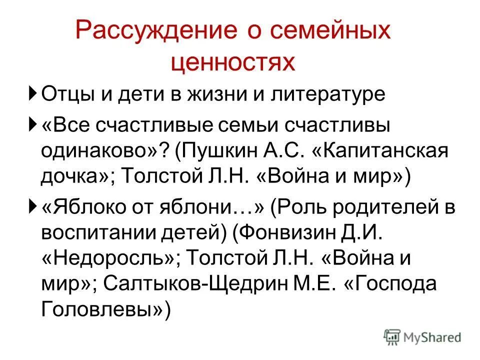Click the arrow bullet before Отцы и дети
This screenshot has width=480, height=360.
pos(32,93)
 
